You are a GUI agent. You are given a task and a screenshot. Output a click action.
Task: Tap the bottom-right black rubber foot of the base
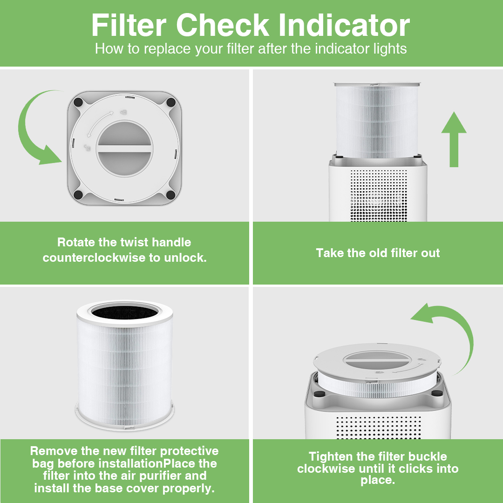click(170, 194)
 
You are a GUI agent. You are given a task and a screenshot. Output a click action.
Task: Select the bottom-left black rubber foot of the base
click(78, 194)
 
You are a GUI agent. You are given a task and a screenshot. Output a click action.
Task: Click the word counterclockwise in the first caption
click(94, 258)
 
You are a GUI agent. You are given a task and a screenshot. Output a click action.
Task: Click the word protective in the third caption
click(189, 451)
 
